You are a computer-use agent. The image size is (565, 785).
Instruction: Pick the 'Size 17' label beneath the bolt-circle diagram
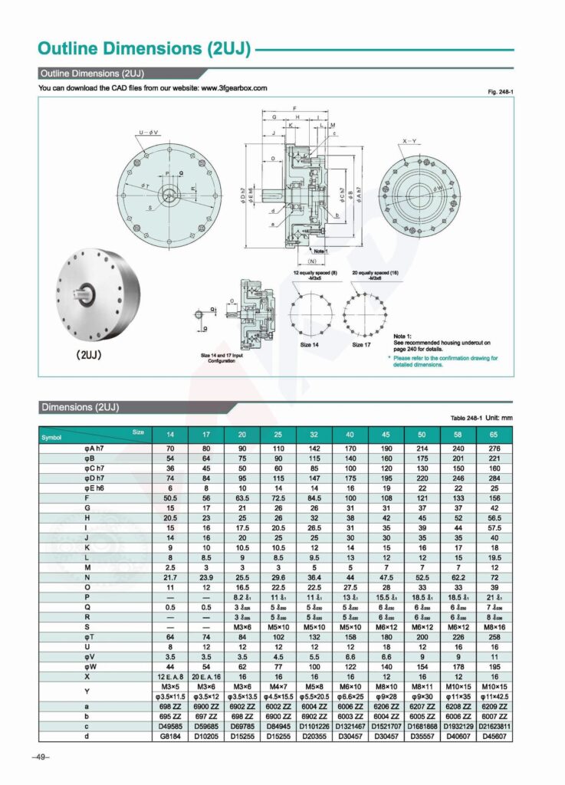363,345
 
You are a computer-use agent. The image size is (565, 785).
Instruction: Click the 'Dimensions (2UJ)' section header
80,406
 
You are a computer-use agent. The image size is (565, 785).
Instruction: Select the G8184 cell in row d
170,736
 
